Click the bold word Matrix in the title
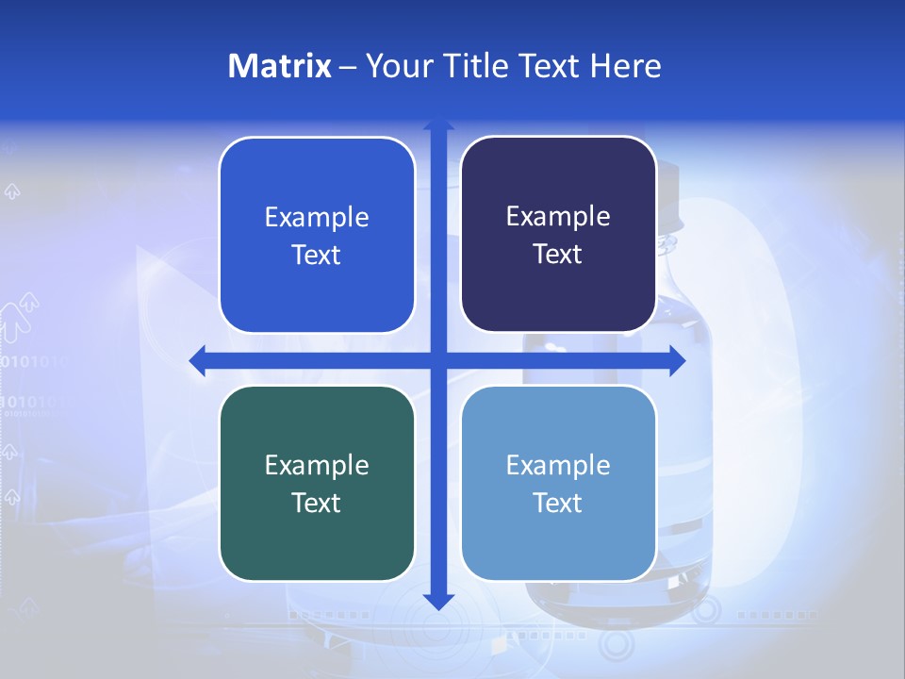pyautogui.click(x=280, y=66)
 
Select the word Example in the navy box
pyautogui.click(x=558, y=217)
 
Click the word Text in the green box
pyautogui.click(x=317, y=503)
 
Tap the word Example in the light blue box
pyautogui.click(x=558, y=465)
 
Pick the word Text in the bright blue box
pyautogui.click(x=317, y=255)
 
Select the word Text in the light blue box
pyautogui.click(x=558, y=503)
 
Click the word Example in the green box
pyautogui.click(x=317, y=465)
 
